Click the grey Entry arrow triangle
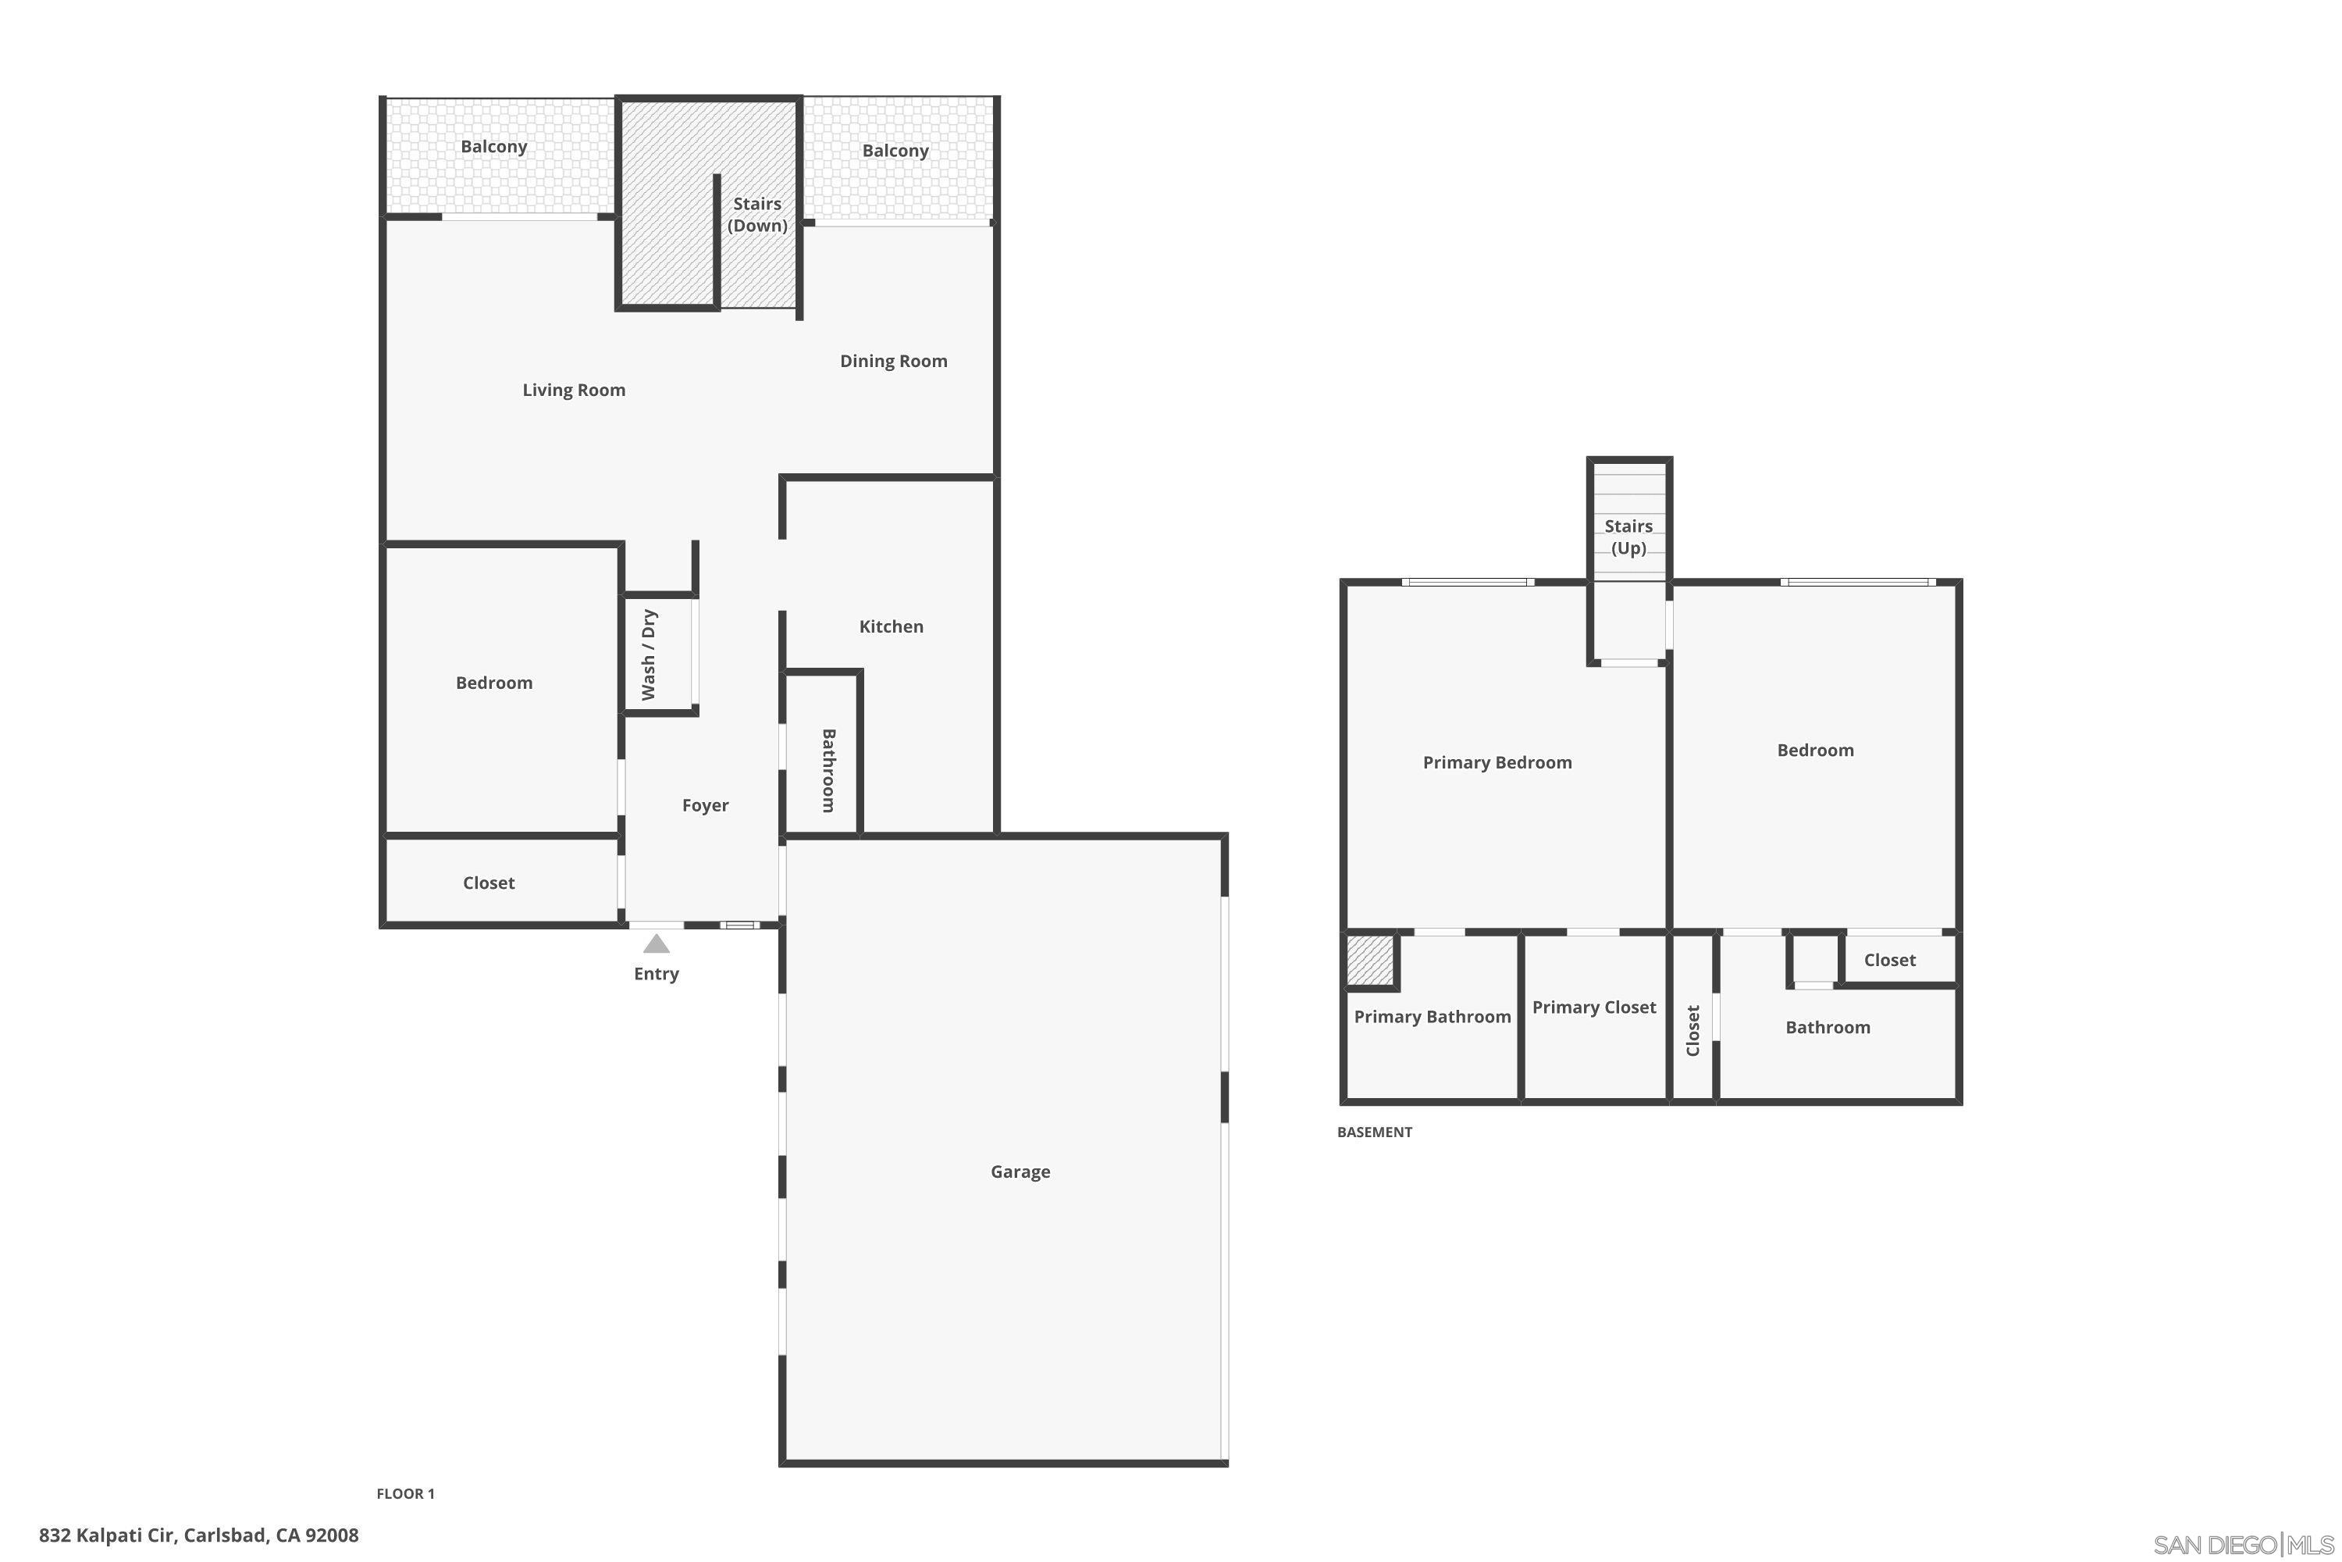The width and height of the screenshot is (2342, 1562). tap(657, 943)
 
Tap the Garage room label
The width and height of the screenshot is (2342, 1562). tap(1020, 1171)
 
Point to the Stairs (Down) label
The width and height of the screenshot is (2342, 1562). tap(756, 214)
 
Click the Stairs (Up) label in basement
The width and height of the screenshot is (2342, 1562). tap(1628, 537)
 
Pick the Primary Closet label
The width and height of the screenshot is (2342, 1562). tap(1593, 1007)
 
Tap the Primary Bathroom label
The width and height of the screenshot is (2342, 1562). tap(1432, 1016)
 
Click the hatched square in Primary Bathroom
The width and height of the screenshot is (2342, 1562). tap(1369, 961)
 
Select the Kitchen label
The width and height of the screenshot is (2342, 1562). tap(892, 626)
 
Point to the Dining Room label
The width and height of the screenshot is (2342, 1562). tap(893, 361)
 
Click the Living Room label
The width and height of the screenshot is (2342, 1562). tap(574, 390)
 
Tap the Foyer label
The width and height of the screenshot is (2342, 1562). tap(705, 805)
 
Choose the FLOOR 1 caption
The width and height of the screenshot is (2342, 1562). tap(405, 1493)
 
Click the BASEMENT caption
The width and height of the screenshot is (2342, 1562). tap(1374, 1132)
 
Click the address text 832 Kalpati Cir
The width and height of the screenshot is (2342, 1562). tap(198, 1535)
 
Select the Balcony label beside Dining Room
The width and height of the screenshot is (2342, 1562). tap(895, 151)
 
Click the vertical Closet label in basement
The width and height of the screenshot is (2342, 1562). tap(1692, 1030)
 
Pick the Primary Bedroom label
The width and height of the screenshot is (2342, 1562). tap(1497, 762)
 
